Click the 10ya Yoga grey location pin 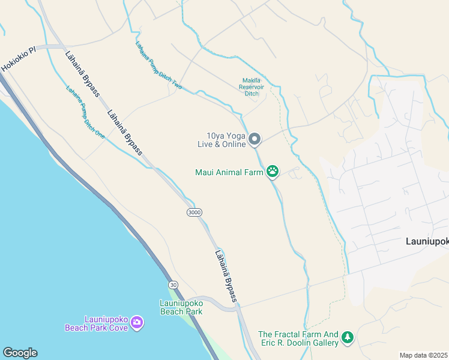(255, 139)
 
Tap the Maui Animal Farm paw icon (273, 172)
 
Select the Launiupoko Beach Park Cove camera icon (137, 323)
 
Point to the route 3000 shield (194, 212)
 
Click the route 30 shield (173, 284)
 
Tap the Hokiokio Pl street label (19, 59)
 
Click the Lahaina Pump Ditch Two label (158, 65)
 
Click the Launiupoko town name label (423, 241)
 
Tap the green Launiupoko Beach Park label (181, 307)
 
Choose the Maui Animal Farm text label (229, 172)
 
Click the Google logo (20, 353)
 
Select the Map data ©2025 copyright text (424, 355)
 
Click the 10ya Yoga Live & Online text (221, 140)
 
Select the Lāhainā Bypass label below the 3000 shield (226, 275)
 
